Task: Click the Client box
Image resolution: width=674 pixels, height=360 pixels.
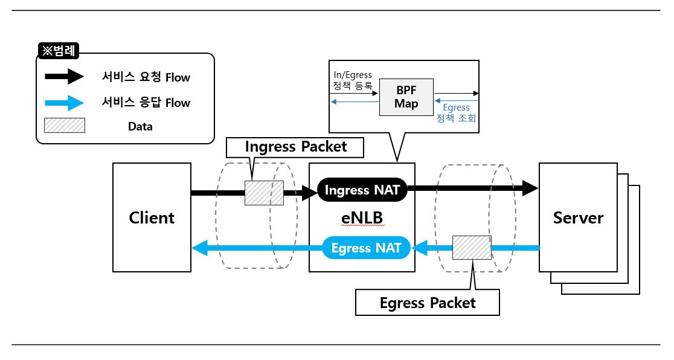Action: point(152,217)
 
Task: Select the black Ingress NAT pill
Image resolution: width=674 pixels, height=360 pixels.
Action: point(362,190)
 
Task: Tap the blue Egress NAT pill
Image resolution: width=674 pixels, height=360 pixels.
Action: point(366,248)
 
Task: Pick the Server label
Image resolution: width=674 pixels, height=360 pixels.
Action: point(578,217)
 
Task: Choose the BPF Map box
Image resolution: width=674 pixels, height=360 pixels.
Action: point(406,97)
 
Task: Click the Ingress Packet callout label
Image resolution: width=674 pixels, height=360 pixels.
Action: point(296,147)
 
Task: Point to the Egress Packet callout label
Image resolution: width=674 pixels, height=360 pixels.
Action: point(428,303)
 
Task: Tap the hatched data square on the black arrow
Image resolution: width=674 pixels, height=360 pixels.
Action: point(264,193)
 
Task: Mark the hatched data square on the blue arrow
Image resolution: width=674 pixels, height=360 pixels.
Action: point(472,248)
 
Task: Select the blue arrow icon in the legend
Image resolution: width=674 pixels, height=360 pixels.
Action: point(63,103)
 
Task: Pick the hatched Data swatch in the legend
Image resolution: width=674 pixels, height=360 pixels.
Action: point(64,126)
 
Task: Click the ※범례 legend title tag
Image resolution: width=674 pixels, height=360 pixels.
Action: point(59,51)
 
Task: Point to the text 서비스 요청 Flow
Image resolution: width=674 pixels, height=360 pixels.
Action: point(146,77)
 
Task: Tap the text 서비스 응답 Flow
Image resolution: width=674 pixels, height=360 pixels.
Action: point(146,103)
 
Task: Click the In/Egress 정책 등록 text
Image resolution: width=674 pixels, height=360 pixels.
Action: point(353,80)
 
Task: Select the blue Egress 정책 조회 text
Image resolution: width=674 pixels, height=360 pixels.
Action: point(456,113)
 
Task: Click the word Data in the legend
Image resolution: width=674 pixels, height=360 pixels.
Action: point(140,126)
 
